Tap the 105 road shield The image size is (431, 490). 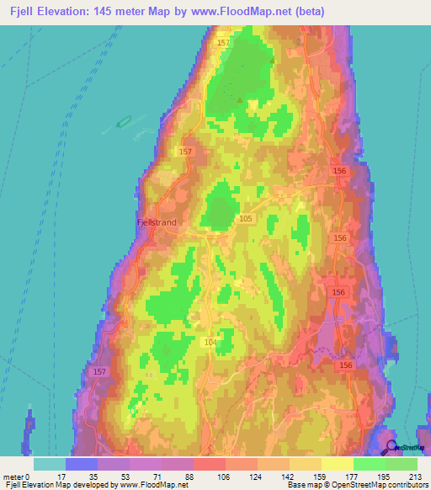(x=245, y=219)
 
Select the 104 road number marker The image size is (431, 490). (x=210, y=343)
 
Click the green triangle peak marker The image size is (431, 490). (x=240, y=100)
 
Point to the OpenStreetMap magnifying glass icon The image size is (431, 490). (x=390, y=446)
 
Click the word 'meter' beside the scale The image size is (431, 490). (x=13, y=476)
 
